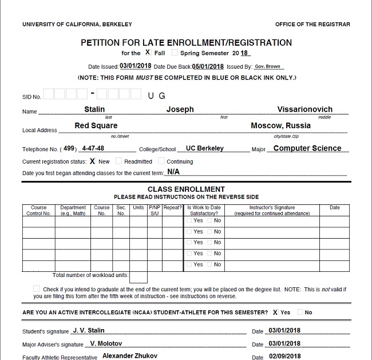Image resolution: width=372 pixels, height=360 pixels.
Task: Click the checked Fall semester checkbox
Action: pyautogui.click(x=148, y=53)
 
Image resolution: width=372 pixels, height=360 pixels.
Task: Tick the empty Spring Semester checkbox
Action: pyautogui.click(x=175, y=53)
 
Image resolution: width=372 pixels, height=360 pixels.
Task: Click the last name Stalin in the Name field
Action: pyautogui.click(x=94, y=109)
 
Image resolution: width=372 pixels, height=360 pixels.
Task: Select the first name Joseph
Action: pyautogui.click(x=180, y=109)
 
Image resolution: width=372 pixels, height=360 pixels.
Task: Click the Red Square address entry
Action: pyautogui.click(x=96, y=126)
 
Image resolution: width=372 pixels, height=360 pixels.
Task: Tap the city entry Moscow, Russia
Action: pyautogui.click(x=280, y=125)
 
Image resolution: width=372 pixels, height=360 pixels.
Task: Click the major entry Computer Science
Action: pyautogui.click(x=307, y=148)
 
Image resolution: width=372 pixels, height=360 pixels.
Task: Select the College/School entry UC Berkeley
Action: pyautogui.click(x=205, y=148)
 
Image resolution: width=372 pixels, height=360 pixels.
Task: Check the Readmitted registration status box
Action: pyautogui.click(x=119, y=161)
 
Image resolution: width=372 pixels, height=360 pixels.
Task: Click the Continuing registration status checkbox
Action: pyautogui.click(x=161, y=161)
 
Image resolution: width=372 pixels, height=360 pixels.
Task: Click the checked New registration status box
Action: pyautogui.click(x=93, y=161)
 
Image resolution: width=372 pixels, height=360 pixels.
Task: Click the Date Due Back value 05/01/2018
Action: pyautogui.click(x=208, y=66)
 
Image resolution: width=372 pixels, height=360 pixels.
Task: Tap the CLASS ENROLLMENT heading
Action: pyautogui.click(x=186, y=189)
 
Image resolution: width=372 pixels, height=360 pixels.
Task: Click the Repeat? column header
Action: pyautogui.click(x=172, y=208)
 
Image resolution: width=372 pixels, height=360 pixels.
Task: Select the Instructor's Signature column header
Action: pyautogui.click(x=272, y=211)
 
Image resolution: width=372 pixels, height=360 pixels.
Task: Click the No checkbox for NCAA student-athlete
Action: pyautogui.click(x=300, y=312)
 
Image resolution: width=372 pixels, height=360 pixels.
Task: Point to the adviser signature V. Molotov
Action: pyautogui.click(x=106, y=344)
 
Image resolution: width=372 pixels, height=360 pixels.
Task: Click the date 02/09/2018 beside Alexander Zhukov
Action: pyautogui.click(x=284, y=357)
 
